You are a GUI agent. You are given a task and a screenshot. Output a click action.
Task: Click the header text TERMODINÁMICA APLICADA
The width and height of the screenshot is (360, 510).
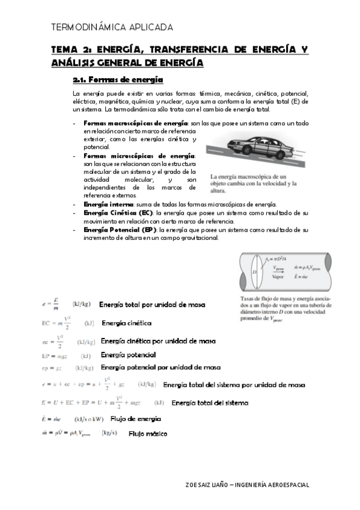tap(112, 27)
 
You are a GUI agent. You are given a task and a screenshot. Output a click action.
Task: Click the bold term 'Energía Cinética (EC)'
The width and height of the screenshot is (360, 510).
tap(118, 213)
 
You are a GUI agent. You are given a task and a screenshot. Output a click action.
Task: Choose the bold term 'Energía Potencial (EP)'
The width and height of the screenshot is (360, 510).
tap(120, 230)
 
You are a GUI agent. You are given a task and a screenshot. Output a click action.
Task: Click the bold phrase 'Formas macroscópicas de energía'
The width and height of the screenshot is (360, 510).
tap(135, 123)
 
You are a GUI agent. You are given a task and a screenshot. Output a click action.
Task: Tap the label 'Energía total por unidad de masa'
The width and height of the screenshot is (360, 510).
tap(152, 305)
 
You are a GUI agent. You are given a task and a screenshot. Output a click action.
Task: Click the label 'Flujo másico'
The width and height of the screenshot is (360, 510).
tap(147, 433)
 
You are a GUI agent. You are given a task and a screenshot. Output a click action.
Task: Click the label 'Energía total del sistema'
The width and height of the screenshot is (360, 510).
tap(210, 403)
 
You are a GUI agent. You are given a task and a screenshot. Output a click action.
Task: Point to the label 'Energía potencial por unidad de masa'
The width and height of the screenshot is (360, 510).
tap(160, 367)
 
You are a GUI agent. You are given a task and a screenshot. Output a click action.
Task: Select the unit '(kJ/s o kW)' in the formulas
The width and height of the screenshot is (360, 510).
tap(88, 419)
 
